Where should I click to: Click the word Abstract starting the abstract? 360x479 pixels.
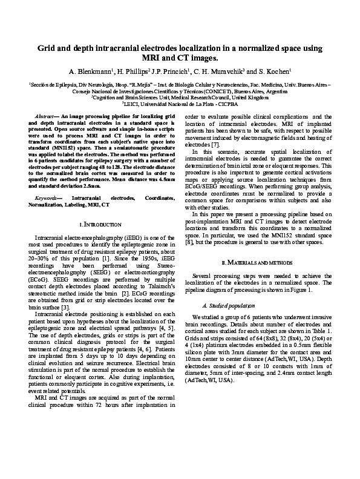click(47, 114)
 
